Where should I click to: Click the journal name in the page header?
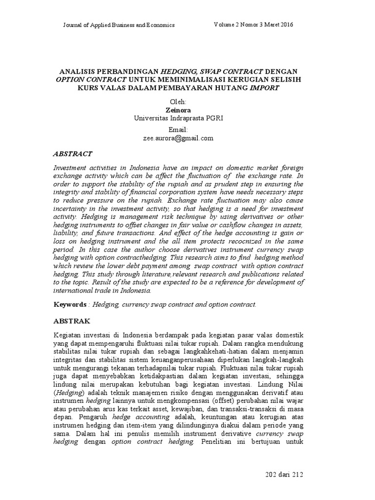pyautogui.click(x=119, y=25)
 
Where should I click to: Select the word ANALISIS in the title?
pyautogui.click(x=79, y=71)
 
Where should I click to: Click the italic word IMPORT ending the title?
pyautogui.click(x=266, y=88)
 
